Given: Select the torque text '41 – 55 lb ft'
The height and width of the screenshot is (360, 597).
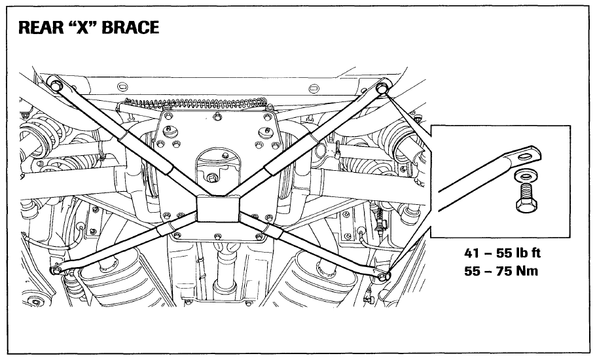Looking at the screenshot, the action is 502,253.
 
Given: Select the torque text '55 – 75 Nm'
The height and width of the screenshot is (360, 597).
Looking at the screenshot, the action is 501,271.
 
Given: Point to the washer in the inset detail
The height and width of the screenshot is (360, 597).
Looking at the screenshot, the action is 525,176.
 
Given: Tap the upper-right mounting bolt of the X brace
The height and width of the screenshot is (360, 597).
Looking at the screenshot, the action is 381,88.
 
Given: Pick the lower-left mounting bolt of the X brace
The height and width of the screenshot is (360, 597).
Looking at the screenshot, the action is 56,270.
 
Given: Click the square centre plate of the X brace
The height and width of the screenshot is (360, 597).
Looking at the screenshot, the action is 218,209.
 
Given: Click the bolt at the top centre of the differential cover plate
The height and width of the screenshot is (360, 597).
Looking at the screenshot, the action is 217,117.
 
